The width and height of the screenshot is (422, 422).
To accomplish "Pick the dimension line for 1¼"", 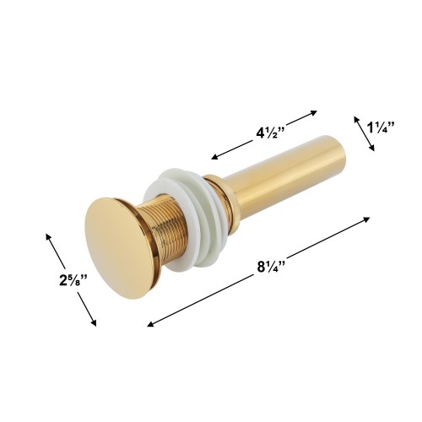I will click(x=365, y=133).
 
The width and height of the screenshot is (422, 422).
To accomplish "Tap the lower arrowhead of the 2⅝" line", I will click(x=95, y=323).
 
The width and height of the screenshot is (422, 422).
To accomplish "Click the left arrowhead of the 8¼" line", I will click(x=150, y=324).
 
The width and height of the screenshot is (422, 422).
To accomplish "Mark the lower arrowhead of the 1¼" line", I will click(x=373, y=149).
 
